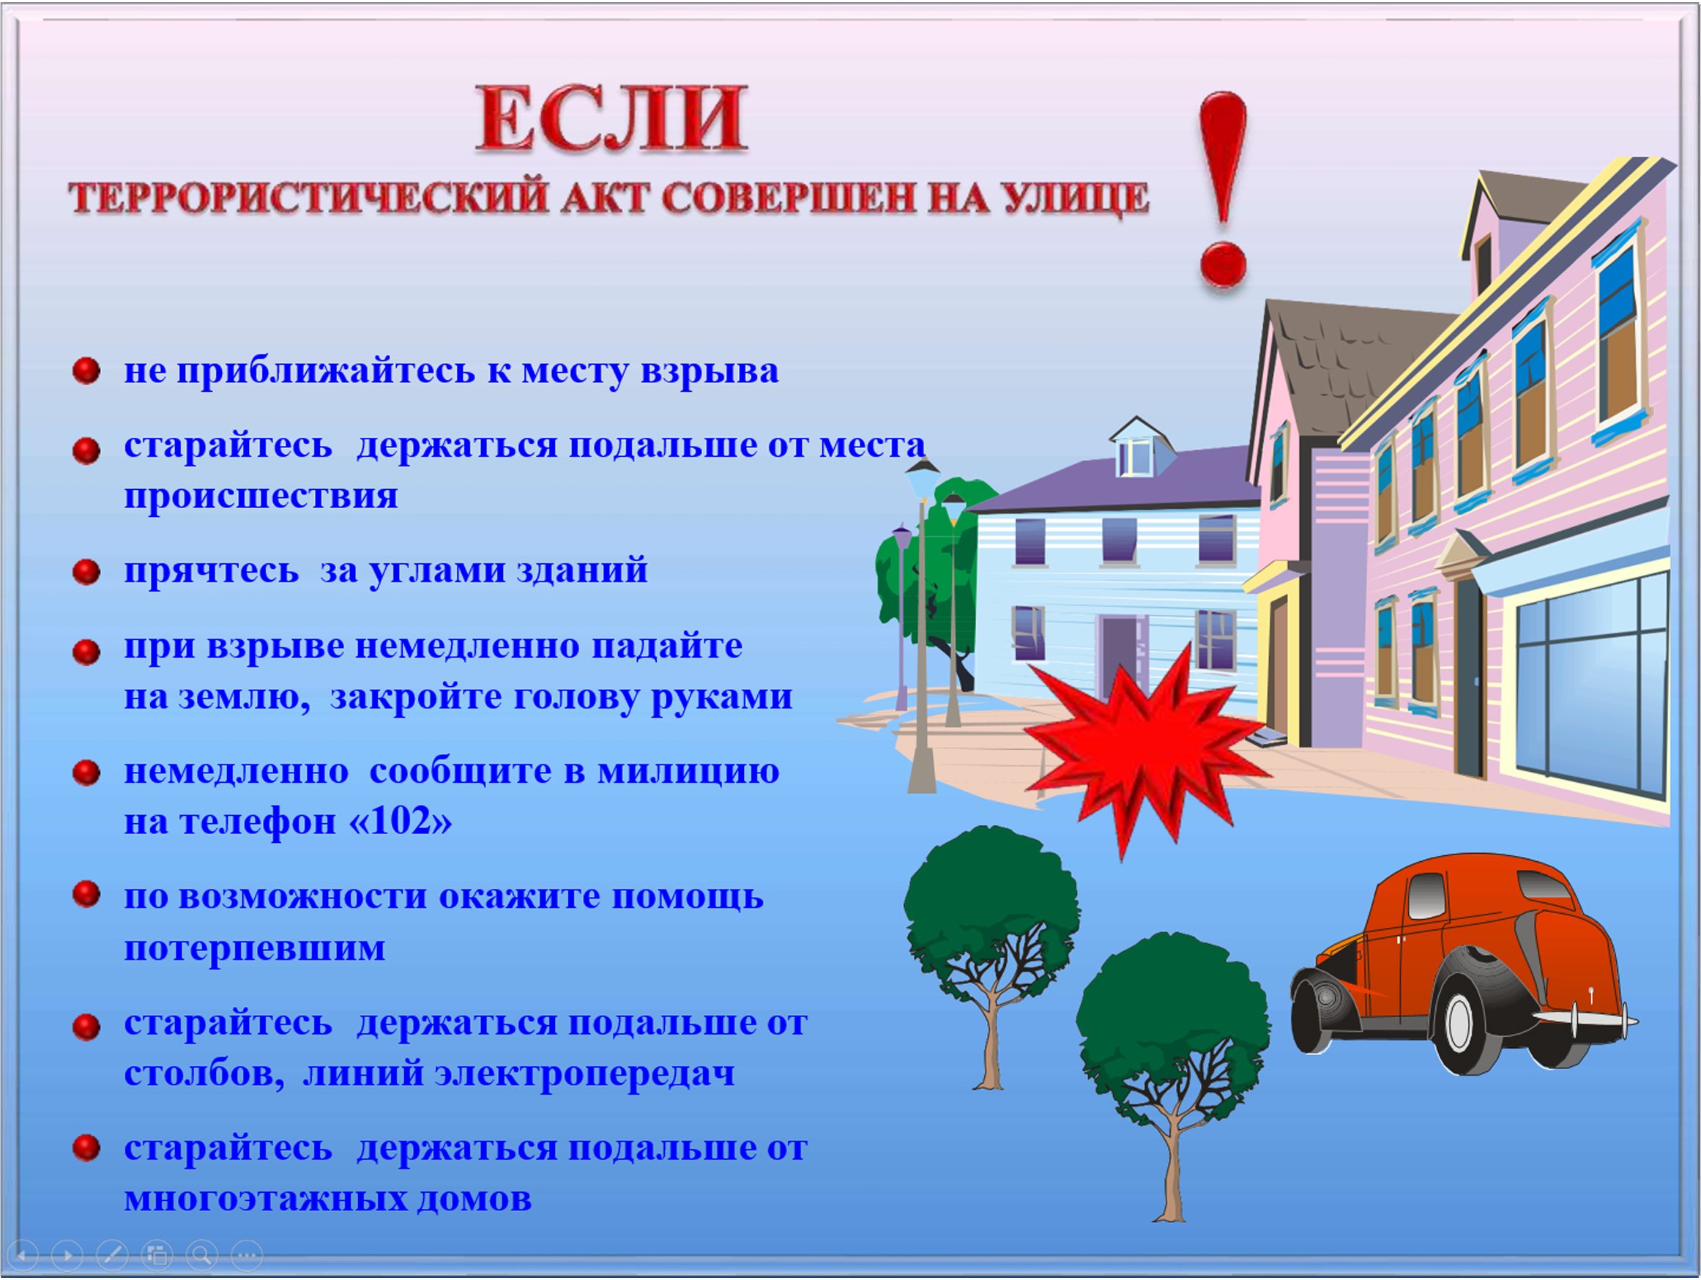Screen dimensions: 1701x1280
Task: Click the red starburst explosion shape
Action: pos(1146,749)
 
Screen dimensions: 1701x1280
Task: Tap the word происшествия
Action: pos(261,497)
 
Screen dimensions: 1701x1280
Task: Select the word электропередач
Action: pos(584,1074)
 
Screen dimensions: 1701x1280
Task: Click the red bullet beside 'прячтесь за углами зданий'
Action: pos(86,572)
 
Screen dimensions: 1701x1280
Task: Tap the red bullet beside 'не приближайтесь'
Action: pos(86,371)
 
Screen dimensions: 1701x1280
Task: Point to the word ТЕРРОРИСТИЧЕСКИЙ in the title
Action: pos(308,198)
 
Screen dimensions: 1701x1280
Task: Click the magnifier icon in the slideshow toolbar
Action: pos(202,1255)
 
